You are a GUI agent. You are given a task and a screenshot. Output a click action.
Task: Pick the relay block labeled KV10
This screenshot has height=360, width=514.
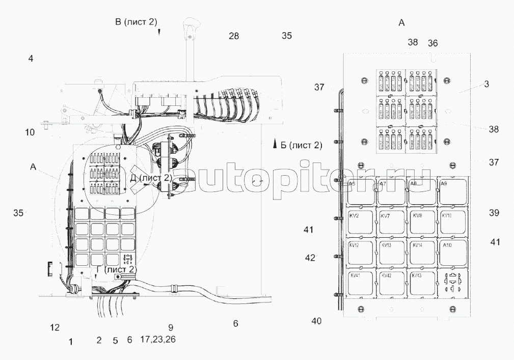(452, 220)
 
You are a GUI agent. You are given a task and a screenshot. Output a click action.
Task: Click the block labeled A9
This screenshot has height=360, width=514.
(452, 190)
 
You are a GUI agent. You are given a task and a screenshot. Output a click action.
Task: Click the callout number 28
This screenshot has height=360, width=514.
(234, 36)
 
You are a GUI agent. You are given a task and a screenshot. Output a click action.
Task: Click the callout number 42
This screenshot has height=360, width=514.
(310, 258)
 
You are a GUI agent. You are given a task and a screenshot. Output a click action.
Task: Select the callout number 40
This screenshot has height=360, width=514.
(316, 321)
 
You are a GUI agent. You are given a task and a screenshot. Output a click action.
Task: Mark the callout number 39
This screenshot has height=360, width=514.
(494, 213)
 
